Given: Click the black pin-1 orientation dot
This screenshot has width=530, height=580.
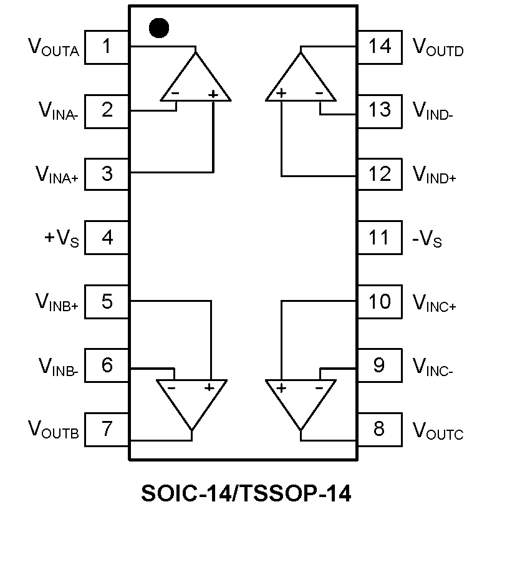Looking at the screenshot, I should (x=160, y=27).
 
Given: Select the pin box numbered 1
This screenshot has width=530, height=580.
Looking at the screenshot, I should (x=107, y=47).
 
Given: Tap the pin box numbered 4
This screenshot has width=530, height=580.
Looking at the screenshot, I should (x=107, y=238).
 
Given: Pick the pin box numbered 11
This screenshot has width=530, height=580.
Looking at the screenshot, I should (x=379, y=238).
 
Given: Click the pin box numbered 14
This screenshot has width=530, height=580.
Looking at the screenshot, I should (x=379, y=47).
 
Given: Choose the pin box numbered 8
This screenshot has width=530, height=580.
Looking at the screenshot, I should (x=379, y=429).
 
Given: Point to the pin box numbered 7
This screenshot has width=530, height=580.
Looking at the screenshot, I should (x=107, y=429).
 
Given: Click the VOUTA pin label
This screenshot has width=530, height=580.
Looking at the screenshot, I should (x=54, y=47).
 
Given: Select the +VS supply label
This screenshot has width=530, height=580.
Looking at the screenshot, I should (x=62, y=238).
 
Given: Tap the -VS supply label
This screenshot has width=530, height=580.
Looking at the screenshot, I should (x=428, y=238).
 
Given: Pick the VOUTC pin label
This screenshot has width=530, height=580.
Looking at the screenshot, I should (x=438, y=430).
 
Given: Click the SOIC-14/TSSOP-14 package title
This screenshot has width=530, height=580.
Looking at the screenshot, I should (x=246, y=494).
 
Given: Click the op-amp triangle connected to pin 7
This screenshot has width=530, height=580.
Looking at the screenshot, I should (x=191, y=399).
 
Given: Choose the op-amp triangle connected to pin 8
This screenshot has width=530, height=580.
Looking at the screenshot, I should (x=301, y=399).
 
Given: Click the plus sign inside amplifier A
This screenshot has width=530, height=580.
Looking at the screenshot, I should (x=213, y=94).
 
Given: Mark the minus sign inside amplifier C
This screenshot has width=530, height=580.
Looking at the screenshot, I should (x=319, y=387).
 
